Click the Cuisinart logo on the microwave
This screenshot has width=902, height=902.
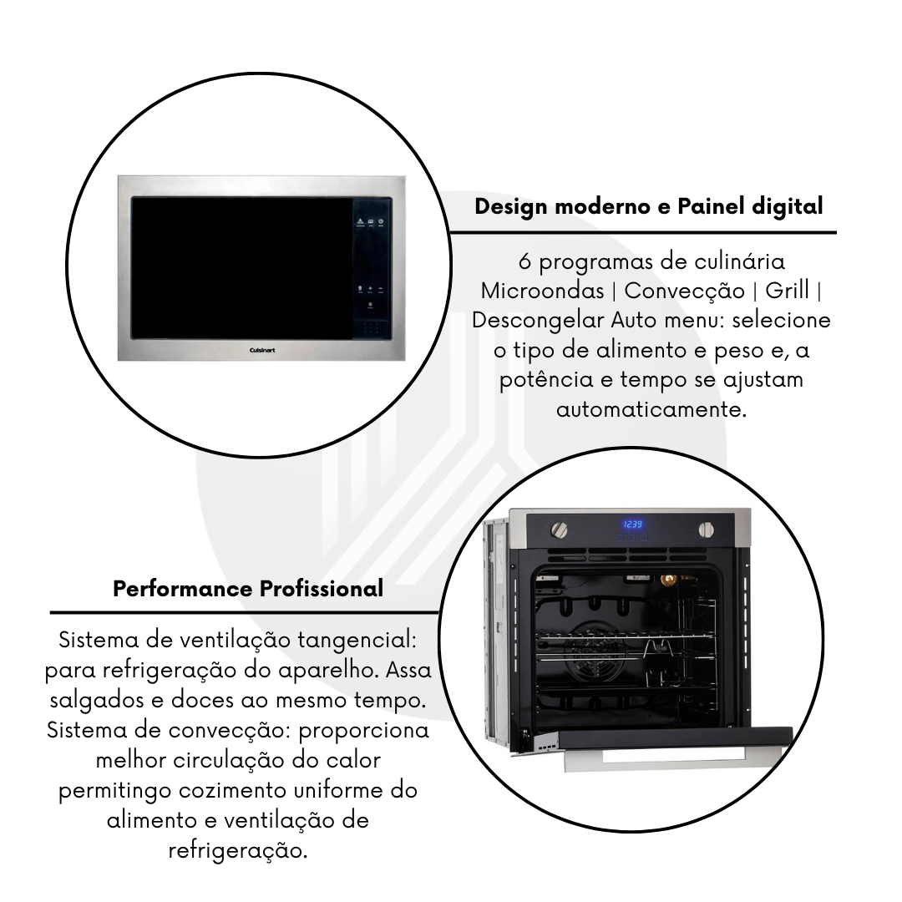click(262, 350)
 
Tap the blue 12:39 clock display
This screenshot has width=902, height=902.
click(633, 524)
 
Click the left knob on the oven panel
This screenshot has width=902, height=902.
click(559, 530)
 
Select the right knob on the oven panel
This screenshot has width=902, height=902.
click(707, 530)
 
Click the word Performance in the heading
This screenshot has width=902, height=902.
click(183, 589)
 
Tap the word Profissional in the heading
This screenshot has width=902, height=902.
click(322, 589)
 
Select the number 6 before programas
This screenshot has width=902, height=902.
click(524, 262)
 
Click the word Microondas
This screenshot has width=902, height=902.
click(542, 291)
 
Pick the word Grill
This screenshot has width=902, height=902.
click(787, 291)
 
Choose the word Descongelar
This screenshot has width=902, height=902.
click(538, 321)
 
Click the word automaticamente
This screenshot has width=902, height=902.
click(651, 409)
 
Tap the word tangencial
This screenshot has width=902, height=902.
click(357, 641)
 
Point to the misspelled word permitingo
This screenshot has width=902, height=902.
click(115, 791)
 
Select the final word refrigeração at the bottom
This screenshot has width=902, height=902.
click(237, 851)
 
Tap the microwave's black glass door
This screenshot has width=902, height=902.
click(241, 267)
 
